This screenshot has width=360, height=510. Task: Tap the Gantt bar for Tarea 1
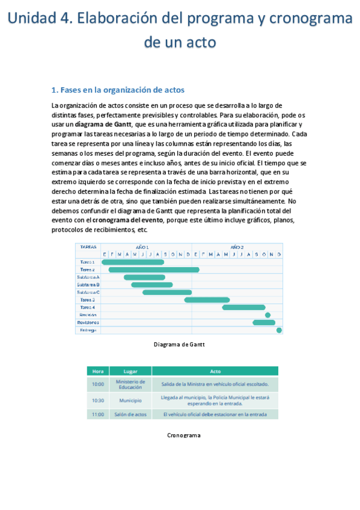coord(133,262)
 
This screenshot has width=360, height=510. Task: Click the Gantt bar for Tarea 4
coord(243,307)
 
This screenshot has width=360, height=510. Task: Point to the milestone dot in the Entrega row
coord(279,330)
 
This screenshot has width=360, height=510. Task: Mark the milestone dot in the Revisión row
coord(267,315)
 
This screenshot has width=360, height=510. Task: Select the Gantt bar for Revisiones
coord(263,322)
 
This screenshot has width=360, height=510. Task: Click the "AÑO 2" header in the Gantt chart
coord(237,247)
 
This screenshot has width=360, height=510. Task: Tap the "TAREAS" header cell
coord(88,247)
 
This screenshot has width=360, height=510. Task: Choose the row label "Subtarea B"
coord(88,284)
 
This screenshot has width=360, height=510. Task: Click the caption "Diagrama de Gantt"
coord(179,345)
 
